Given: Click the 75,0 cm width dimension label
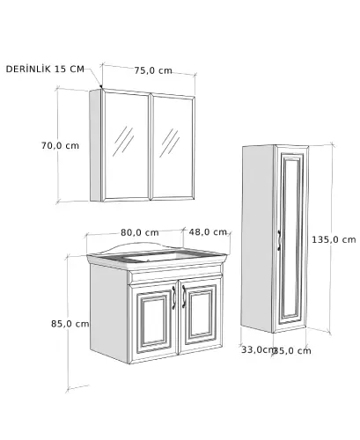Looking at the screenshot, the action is click(x=153, y=70).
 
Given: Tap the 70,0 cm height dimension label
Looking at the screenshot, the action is click(x=60, y=145).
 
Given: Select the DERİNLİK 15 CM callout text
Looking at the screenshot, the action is click(x=45, y=69).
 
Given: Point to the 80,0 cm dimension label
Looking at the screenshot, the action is click(x=140, y=232).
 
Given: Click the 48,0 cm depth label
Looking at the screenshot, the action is click(x=208, y=232).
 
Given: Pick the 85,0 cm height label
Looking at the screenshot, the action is click(x=70, y=324).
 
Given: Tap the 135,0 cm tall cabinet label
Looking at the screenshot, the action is click(x=334, y=239).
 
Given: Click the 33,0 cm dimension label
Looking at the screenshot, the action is click(x=258, y=349).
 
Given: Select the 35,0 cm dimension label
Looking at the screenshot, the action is click(x=292, y=350).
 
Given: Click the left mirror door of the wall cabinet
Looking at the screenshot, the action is click(x=126, y=145).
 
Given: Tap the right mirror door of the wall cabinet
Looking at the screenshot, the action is click(x=173, y=147).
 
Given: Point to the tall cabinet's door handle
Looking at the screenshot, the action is click(x=279, y=240).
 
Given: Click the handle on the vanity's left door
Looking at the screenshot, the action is click(x=173, y=297).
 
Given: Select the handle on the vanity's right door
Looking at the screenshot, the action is click(x=184, y=297).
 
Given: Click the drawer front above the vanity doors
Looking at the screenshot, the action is click(x=175, y=277).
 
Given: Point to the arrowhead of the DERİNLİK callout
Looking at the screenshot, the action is click(x=100, y=86).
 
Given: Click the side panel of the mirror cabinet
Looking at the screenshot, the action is click(x=96, y=145).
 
